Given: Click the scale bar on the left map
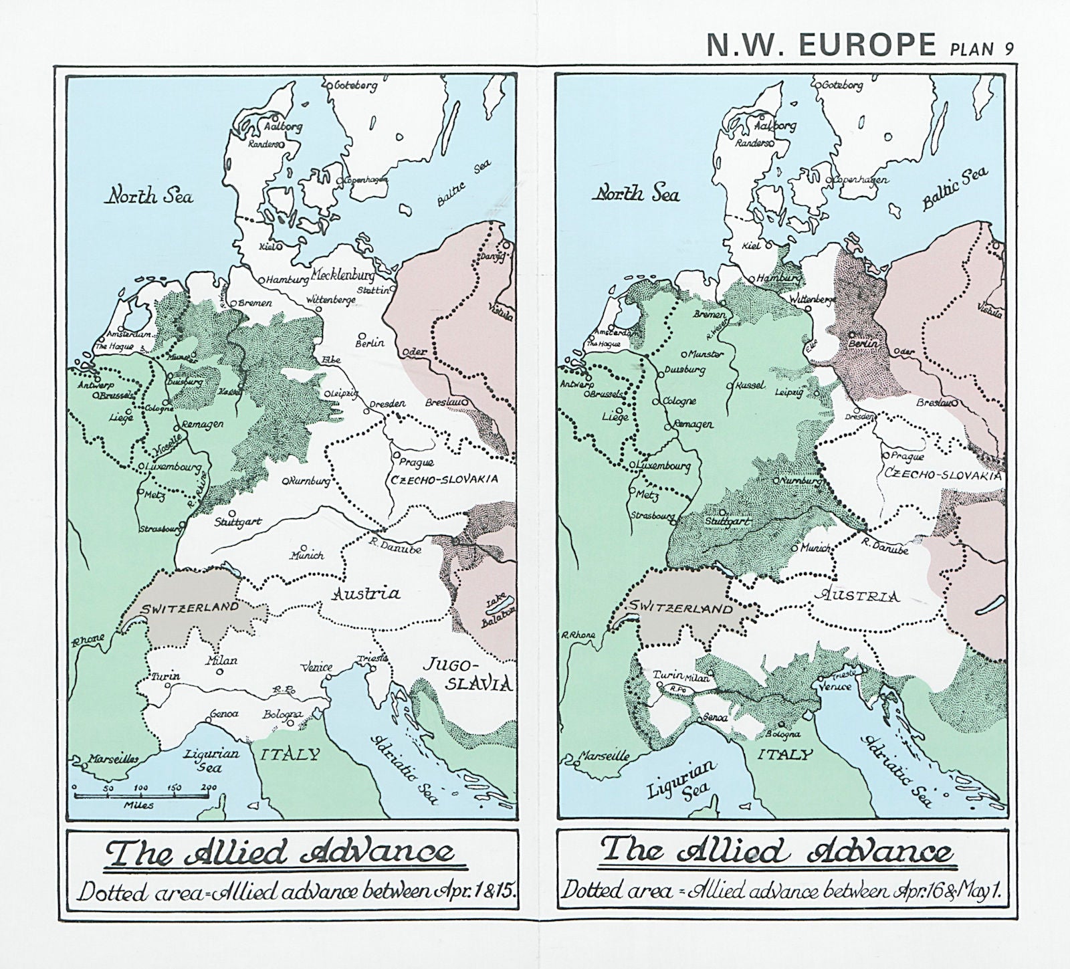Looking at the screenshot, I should click(x=140, y=795).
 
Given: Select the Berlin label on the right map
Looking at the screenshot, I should click(x=861, y=342).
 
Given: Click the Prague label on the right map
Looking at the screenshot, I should click(x=908, y=457).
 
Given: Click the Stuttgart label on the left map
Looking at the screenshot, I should click(x=238, y=522).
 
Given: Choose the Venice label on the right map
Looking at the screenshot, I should click(x=835, y=686).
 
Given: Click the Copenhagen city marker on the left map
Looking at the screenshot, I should click(x=340, y=181).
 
